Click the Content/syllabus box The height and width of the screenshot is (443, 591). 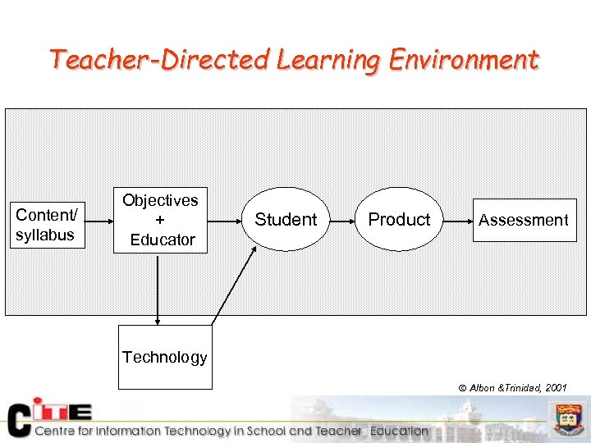click(46, 225)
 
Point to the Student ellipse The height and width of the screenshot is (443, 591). click(286, 220)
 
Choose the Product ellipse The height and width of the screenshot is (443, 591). click(399, 220)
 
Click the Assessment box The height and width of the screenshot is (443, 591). click(524, 220)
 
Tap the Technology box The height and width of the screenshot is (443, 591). click(165, 357)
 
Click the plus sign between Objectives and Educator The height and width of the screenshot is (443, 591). click(160, 220)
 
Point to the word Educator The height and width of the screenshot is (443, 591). click(163, 240)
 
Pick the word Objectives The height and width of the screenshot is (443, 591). click(160, 200)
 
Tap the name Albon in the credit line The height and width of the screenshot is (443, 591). click(482, 388)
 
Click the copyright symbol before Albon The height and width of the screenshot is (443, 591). click(462, 388)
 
